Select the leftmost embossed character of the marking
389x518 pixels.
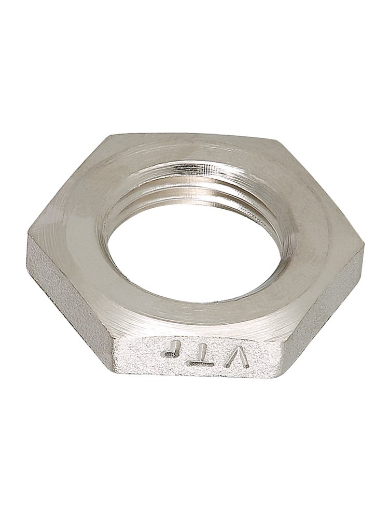pyautogui.click(x=171, y=349)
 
